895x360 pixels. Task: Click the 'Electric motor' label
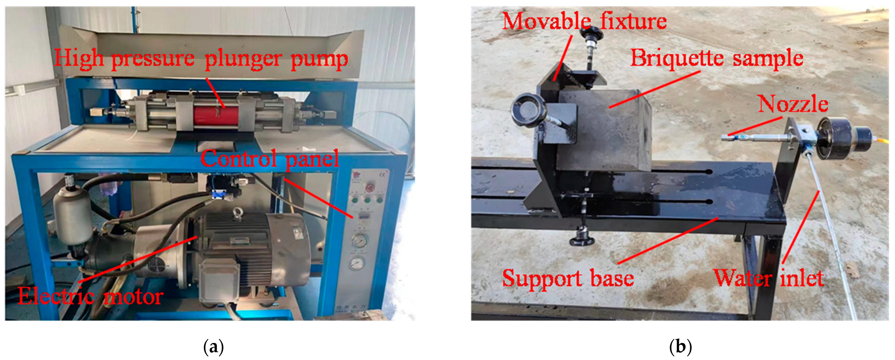click(90, 296)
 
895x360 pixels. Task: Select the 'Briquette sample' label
click(717, 58)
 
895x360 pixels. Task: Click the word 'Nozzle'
click(793, 104)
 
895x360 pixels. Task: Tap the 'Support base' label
click(568, 278)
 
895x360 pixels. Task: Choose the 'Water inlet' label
click(769, 278)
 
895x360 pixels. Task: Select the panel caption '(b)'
click(680, 347)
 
